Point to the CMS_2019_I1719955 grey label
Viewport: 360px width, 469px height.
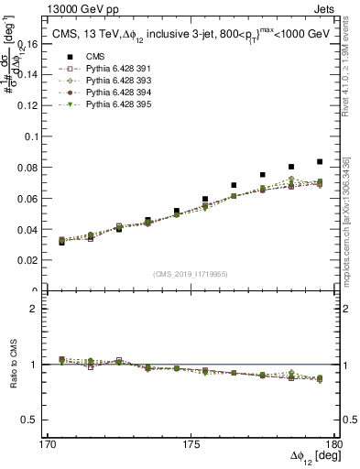tap(191, 273)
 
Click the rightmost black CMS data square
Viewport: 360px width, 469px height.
tap(320, 161)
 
